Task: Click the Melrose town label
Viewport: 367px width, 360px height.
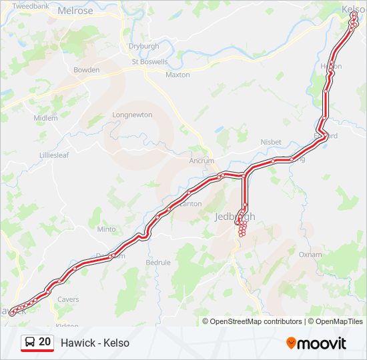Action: pos(76,11)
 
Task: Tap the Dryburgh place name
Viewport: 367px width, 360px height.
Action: pos(143,46)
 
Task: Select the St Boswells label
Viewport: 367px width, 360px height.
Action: pos(149,62)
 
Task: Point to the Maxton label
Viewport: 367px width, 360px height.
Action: pos(177,75)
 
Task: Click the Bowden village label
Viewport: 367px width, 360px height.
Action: pos(87,70)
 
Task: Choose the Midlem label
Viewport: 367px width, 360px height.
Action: pos(46,118)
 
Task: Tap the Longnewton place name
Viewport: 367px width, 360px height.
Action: pos(132,115)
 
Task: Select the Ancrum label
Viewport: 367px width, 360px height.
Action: pos(202,161)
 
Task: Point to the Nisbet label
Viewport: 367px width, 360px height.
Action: pos(271,142)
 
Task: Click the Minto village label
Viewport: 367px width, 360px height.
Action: pos(106,229)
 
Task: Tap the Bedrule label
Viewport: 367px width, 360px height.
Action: pos(158,263)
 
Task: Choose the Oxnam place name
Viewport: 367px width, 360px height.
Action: pos(310,254)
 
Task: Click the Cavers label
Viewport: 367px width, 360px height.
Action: pos(68,299)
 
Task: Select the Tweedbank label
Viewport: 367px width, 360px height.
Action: pos(31,5)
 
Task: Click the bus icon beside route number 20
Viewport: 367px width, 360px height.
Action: pos(30,342)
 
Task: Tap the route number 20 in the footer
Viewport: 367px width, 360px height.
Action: pos(45,342)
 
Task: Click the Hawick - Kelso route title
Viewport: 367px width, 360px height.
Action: pos(95,343)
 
